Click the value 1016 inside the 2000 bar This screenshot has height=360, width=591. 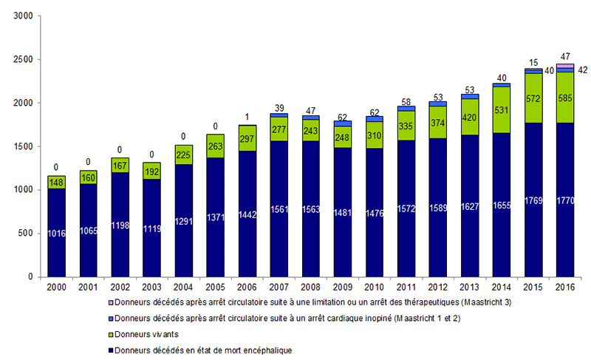point(56,234)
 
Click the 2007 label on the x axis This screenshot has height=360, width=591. point(279,286)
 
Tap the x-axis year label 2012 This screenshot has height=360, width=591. point(437,286)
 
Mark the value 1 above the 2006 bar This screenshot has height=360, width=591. point(247,117)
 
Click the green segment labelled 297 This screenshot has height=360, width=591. point(247,140)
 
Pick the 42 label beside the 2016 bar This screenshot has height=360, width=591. point(583,70)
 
